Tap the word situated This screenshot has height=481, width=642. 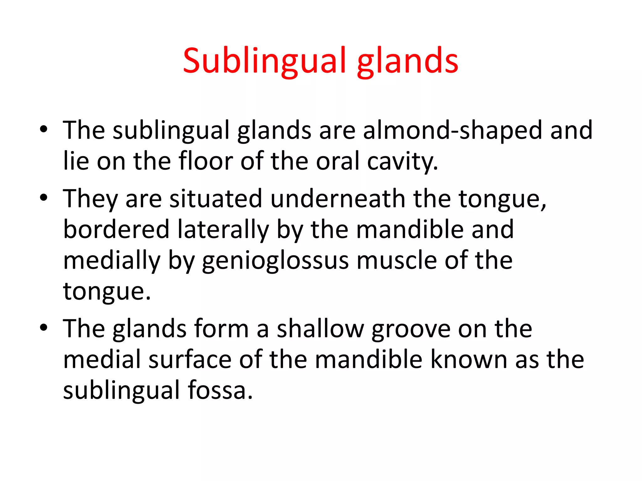click(x=216, y=199)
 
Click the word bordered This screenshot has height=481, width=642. click(x=116, y=229)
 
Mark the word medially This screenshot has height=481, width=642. click(x=112, y=261)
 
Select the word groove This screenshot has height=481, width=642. click(x=411, y=329)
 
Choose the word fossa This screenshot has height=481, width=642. click(x=220, y=390)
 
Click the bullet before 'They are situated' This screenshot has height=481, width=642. click(x=44, y=198)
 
